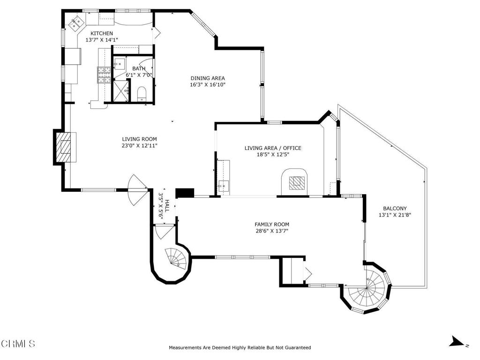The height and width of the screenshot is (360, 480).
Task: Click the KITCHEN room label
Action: click(102, 33)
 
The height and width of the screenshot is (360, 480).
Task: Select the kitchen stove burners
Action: click(104, 75)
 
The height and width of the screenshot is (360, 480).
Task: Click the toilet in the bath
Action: click(142, 94)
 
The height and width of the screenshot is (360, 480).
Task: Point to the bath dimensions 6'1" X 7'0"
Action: click(139, 75)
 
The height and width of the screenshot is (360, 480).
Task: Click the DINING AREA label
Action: click(208, 78)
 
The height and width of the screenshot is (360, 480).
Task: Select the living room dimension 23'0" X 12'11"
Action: click(139, 146)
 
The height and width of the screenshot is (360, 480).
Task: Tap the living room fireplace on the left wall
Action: click(66, 147)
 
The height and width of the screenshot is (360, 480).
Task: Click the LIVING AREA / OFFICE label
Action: click(273, 148)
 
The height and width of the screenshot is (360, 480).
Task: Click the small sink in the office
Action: click(224, 185)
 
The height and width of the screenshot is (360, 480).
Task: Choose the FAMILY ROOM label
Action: click(272, 225)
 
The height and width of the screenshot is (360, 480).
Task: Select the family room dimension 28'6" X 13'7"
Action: click(272, 231)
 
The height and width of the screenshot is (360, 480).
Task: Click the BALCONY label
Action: click(395, 209)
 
